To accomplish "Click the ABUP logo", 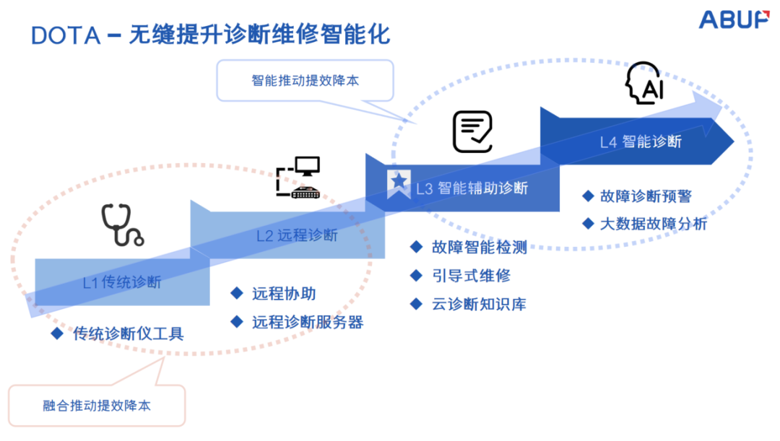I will point(733,20).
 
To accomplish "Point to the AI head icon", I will point(644,85).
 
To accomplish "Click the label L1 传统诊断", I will point(121,282).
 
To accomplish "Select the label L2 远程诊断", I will point(297,235).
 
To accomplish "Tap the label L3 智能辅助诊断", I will point(472,188).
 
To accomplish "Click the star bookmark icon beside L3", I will point(397,185).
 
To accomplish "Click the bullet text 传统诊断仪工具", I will point(129,333).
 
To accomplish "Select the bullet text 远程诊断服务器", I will point(308,322).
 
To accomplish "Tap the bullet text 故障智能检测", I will point(480,248).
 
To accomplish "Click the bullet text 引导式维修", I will point(471,276).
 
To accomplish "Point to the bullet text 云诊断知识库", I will point(480,304).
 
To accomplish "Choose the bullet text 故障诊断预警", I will point(646,196).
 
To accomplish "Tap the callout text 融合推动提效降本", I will point(97,406).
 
